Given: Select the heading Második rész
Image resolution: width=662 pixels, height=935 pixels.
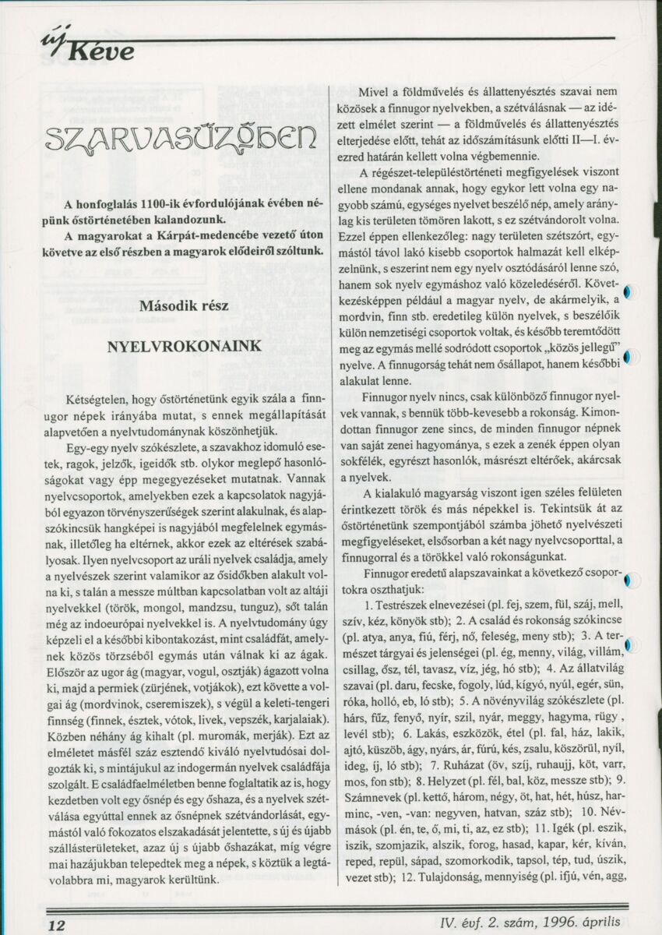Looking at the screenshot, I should pos(184,305).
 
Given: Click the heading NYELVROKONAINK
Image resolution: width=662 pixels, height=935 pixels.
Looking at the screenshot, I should pos(184,346).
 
